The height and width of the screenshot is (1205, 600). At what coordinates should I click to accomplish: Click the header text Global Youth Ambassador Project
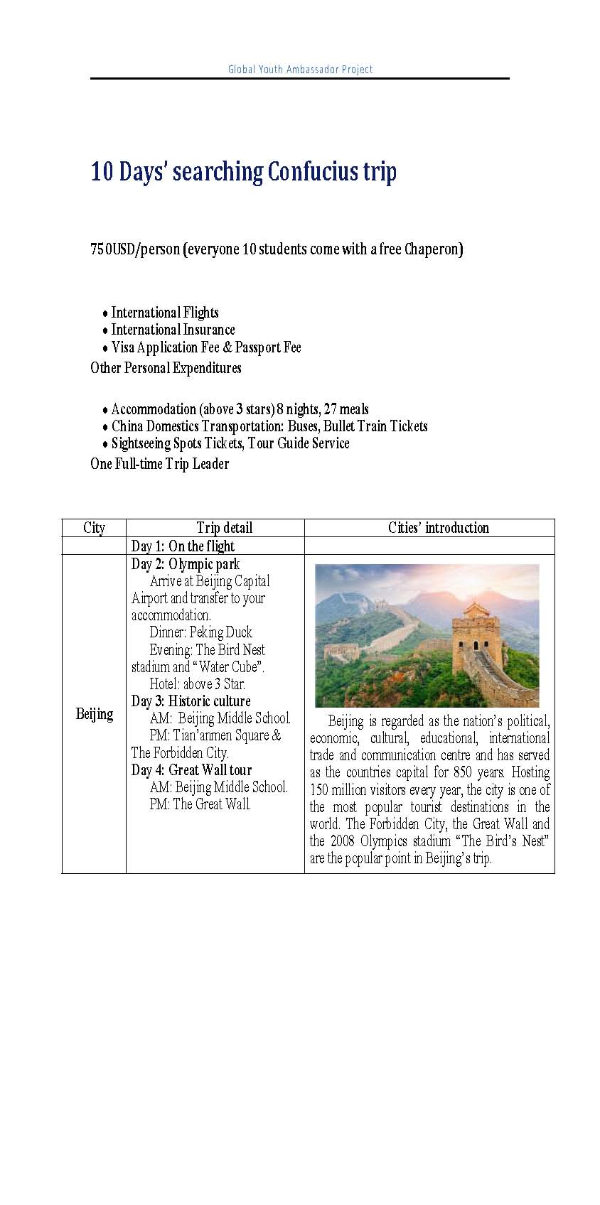pyautogui.click(x=300, y=69)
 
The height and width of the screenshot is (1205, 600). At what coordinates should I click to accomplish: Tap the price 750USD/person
pyautogui.click(x=135, y=249)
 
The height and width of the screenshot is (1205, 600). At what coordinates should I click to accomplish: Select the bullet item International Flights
pyautogui.click(x=165, y=313)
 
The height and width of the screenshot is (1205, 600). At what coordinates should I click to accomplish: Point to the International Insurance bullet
pyautogui.click(x=173, y=330)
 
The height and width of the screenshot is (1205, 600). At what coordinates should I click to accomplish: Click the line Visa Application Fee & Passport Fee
pyautogui.click(x=206, y=347)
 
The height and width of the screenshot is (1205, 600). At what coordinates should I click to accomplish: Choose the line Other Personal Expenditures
pyautogui.click(x=166, y=368)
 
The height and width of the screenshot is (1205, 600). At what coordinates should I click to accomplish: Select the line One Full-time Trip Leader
pyautogui.click(x=159, y=464)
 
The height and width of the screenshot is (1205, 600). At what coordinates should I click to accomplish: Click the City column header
pyautogui.click(x=94, y=528)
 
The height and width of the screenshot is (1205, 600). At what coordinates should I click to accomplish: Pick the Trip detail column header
pyautogui.click(x=224, y=528)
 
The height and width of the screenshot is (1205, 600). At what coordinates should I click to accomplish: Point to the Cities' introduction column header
pyautogui.click(x=439, y=528)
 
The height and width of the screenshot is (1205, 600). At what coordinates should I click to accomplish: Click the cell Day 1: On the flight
pyautogui.click(x=183, y=546)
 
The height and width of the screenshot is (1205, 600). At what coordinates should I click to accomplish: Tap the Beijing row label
pyautogui.click(x=95, y=714)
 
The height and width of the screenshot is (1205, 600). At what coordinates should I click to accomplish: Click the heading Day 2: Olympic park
pyautogui.click(x=186, y=564)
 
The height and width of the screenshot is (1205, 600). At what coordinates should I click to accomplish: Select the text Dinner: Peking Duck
pyautogui.click(x=200, y=632)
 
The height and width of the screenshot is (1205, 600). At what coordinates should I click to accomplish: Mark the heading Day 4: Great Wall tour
pyautogui.click(x=191, y=770)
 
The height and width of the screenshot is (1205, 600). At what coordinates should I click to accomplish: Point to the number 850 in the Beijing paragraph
pyautogui.click(x=463, y=772)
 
